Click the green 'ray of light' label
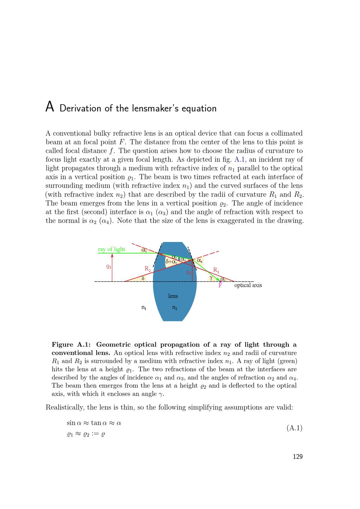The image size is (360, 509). click(112, 249)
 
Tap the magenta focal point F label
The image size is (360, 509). click(220, 285)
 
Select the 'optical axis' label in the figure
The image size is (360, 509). click(248, 285)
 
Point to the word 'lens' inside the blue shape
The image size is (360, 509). click(173, 296)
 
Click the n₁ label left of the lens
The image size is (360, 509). click(144, 307)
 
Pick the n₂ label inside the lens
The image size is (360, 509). click(175, 307)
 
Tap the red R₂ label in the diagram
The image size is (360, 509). click(148, 269)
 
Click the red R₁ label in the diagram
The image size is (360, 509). click(216, 270)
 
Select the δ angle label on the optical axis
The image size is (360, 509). click(143, 278)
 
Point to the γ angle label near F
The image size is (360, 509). click(211, 278)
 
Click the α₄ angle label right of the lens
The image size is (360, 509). click(199, 260)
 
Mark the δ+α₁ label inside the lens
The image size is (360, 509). click(171, 262)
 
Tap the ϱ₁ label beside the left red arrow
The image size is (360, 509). click(109, 267)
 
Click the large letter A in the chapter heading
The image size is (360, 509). click(50, 107)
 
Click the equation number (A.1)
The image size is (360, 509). click(294, 428)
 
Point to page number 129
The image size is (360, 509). click(297, 456)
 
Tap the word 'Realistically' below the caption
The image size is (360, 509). click(65, 407)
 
